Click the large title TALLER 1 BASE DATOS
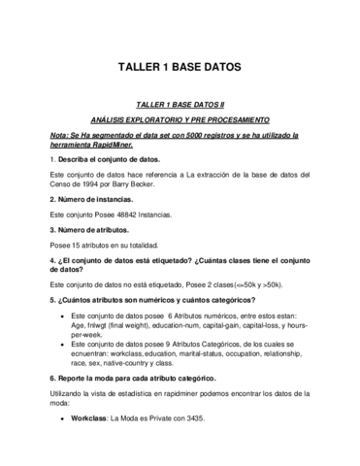tap(179, 69)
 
